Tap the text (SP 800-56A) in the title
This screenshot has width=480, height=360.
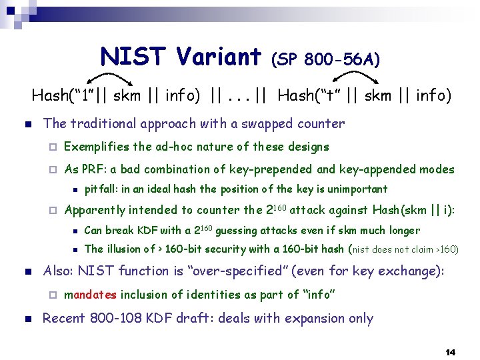click(x=325, y=60)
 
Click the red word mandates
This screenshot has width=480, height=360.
click(x=91, y=294)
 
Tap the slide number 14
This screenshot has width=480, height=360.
click(x=450, y=351)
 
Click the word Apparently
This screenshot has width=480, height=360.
click(x=95, y=210)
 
